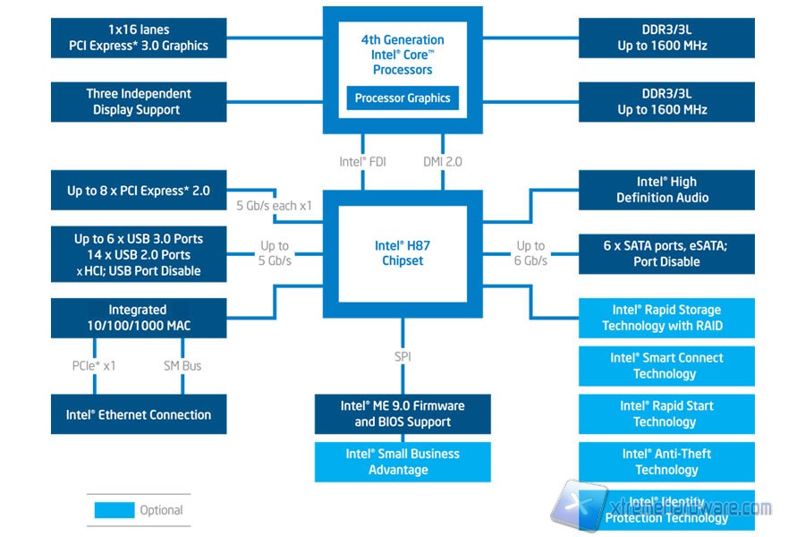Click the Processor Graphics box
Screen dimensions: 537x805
tap(402, 98)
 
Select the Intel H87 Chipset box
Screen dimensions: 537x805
tap(402, 252)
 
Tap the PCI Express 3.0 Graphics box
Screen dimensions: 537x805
tap(138, 38)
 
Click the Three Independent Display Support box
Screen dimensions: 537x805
tap(138, 102)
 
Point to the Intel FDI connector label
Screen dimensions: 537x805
tap(362, 162)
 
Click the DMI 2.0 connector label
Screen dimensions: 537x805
tap(443, 162)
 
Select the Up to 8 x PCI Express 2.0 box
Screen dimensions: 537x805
tap(138, 191)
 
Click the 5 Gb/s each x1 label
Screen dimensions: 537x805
tap(274, 205)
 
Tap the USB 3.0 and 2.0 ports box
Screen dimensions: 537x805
tap(138, 254)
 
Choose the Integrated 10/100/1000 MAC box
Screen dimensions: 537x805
tap(138, 318)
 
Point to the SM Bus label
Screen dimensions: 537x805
tap(182, 365)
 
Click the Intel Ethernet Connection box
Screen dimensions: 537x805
tap(138, 415)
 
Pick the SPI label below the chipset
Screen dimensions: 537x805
tap(402, 357)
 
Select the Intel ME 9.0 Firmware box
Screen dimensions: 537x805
tap(402, 413)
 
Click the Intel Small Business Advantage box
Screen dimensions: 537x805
tap(402, 462)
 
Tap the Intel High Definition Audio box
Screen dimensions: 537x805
tap(666, 190)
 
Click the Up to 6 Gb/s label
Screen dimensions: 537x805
tap(530, 253)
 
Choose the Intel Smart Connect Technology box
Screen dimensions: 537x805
tap(666, 366)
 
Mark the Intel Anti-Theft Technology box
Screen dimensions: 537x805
tap(666, 462)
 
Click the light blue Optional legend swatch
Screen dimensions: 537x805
tap(114, 510)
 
